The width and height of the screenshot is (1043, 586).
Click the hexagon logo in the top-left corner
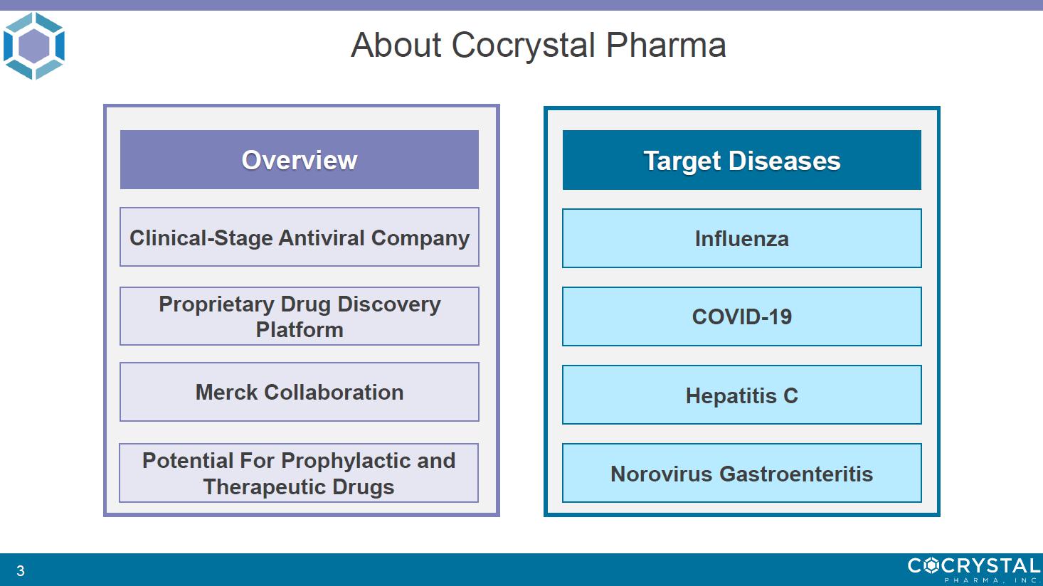pos(33,46)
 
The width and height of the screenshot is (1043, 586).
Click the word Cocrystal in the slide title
pos(524,46)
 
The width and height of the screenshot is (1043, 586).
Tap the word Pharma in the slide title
pos(666,45)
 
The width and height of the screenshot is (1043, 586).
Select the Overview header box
pos(300,159)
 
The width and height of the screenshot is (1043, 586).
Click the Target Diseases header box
pos(742,160)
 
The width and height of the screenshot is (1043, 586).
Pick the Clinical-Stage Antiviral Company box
pos(300,237)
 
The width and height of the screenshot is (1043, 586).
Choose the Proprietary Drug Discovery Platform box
pos(300,316)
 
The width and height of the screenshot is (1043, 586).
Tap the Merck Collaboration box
pos(300,392)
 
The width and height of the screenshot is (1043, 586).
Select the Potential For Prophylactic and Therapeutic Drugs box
pos(299,473)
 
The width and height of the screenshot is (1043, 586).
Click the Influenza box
pos(742,238)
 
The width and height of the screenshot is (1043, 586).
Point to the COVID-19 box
pos(742,316)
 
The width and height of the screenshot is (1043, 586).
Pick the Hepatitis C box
pos(742,395)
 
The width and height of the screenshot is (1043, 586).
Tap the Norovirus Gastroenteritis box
pos(742,473)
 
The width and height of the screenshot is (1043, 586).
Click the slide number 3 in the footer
pos(21,570)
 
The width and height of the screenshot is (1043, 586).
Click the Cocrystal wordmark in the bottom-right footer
pos(974,570)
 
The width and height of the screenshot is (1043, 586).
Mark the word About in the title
pos(396,45)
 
